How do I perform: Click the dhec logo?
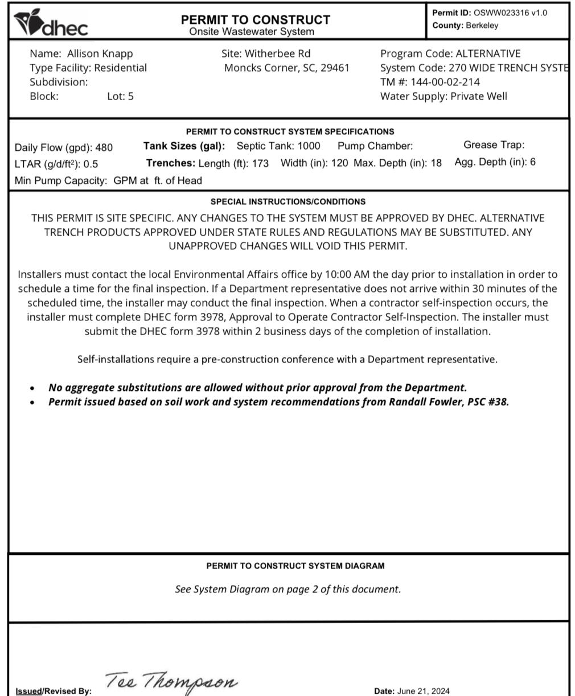(x=51, y=23)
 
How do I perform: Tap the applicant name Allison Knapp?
(x=100, y=53)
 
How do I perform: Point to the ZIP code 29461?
(x=335, y=68)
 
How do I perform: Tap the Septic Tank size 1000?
(x=309, y=146)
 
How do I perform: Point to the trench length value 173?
(x=260, y=163)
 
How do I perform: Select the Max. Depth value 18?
(x=436, y=163)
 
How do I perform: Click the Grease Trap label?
(x=494, y=145)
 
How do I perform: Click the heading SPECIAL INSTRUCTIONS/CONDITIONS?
(x=288, y=201)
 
